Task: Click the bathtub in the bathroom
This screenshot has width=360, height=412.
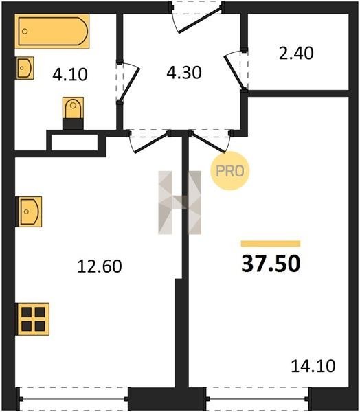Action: tap(52, 32)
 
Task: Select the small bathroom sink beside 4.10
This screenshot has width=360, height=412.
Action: tap(25, 68)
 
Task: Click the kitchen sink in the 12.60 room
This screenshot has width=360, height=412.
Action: tap(29, 211)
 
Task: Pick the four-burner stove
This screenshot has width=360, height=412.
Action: tap(33, 319)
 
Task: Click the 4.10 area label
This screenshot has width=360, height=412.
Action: tap(70, 74)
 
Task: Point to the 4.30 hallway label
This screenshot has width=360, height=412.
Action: tap(184, 73)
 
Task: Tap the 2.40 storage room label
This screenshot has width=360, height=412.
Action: tap(296, 53)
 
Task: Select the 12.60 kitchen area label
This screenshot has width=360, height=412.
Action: tap(100, 266)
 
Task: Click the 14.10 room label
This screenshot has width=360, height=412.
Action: tap(313, 366)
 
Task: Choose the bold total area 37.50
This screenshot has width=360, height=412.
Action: tap(271, 264)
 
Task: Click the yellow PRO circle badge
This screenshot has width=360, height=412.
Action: tap(230, 171)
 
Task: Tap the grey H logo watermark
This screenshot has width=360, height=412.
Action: tap(180, 203)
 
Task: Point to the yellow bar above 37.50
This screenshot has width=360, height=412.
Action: tap(271, 244)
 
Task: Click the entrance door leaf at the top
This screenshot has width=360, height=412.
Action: tap(201, 19)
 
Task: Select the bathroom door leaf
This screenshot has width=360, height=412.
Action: tap(130, 84)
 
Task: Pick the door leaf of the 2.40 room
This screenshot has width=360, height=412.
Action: tap(234, 72)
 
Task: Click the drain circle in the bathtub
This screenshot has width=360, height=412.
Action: tap(25, 32)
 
